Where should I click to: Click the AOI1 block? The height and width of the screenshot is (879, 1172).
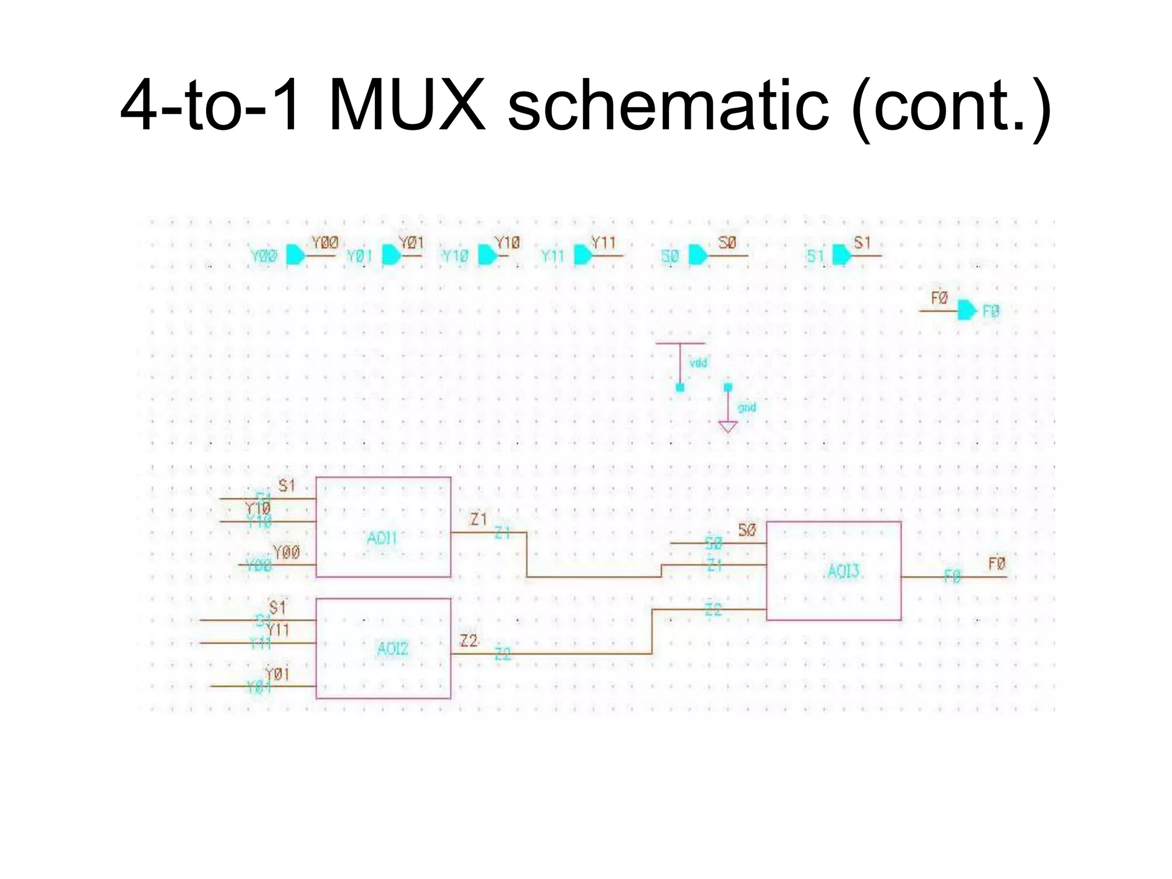(x=383, y=527)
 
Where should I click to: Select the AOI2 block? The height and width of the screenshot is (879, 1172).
(x=383, y=648)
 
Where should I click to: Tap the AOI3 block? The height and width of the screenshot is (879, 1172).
(x=833, y=571)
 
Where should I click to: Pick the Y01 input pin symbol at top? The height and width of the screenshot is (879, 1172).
(x=391, y=255)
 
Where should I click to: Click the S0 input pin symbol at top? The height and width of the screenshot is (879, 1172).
(x=698, y=255)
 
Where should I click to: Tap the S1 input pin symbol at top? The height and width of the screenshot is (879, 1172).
(x=841, y=255)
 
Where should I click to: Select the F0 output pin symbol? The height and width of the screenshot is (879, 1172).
(x=967, y=310)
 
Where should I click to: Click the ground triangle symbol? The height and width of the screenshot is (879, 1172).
(x=727, y=426)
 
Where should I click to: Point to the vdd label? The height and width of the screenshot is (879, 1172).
(x=698, y=363)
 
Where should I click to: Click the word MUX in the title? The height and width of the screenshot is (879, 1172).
(x=407, y=106)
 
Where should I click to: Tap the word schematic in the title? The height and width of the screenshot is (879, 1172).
(x=668, y=106)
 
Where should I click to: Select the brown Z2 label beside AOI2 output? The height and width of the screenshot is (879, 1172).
(x=469, y=641)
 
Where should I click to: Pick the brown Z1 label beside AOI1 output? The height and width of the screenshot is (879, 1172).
(x=478, y=519)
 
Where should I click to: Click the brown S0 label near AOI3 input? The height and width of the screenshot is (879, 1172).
(x=747, y=530)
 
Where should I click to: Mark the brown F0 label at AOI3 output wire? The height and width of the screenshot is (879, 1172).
(x=996, y=564)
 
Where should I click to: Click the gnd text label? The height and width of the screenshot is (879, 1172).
(x=747, y=407)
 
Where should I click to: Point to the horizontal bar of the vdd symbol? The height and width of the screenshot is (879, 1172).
(x=680, y=343)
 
